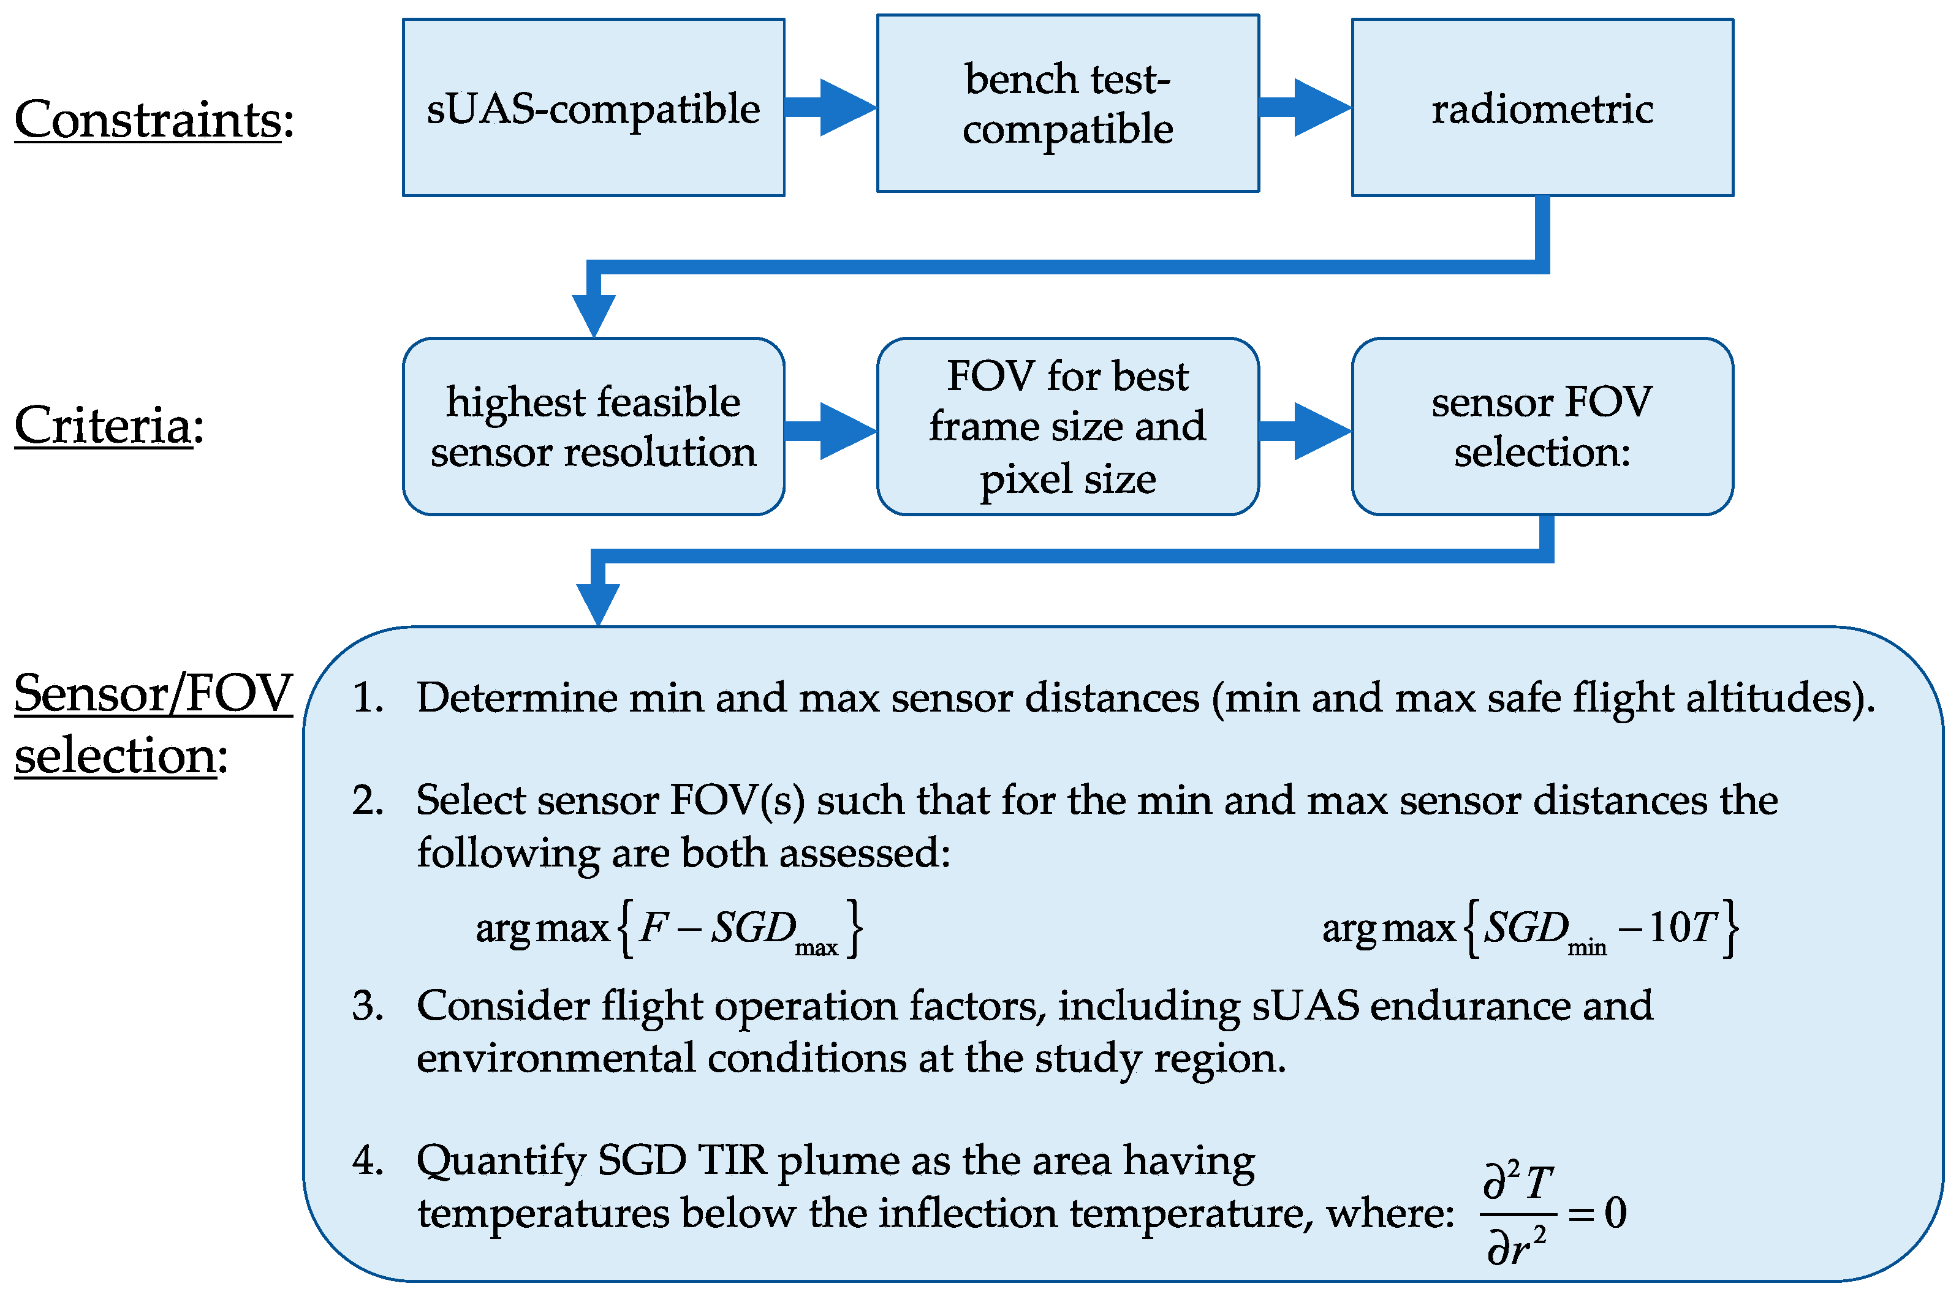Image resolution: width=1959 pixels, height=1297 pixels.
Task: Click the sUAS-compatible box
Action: [593, 108]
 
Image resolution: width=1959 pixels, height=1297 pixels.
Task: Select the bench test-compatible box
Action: [1067, 103]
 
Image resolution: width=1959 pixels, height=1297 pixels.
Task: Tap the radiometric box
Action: [1542, 108]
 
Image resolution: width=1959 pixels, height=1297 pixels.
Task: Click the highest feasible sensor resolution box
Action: [593, 427]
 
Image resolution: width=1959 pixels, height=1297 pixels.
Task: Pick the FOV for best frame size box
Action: [1067, 427]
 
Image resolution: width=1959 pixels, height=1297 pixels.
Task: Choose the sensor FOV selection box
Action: [1542, 427]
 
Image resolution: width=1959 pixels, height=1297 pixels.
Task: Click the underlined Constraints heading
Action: [149, 120]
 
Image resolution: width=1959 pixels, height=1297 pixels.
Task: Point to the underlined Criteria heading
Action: [104, 426]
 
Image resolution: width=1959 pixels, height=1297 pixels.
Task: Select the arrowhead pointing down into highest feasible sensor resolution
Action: [593, 314]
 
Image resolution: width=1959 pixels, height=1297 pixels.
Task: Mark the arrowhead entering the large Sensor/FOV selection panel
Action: [597, 602]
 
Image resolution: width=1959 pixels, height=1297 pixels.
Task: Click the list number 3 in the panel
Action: [366, 1007]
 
